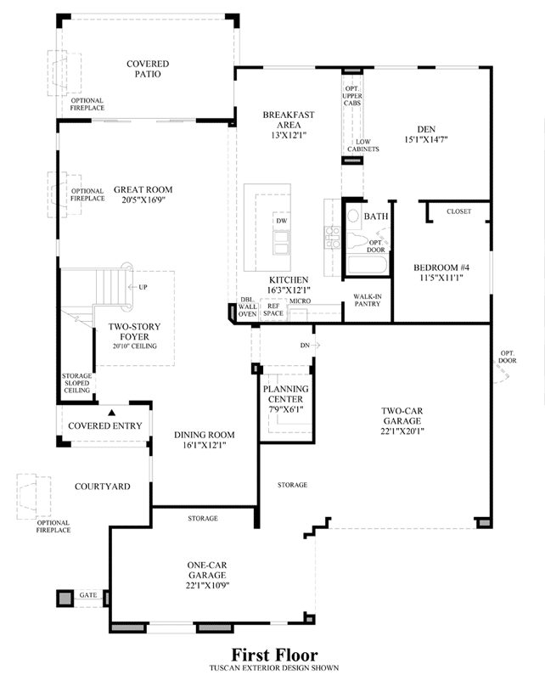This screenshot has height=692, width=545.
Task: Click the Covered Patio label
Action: click(x=148, y=69)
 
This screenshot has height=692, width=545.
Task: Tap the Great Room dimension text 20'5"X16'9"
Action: click(x=143, y=200)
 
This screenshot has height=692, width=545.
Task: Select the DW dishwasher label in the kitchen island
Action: click(x=282, y=221)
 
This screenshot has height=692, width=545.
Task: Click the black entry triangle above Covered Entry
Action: click(x=112, y=413)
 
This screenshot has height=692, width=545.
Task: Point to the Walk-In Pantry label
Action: click(x=368, y=300)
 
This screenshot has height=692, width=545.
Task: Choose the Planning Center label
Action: click(x=285, y=394)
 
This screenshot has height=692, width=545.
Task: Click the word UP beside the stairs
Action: click(x=143, y=287)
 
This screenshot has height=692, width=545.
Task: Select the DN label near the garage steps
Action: click(x=305, y=346)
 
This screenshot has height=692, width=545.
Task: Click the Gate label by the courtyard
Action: click(x=88, y=595)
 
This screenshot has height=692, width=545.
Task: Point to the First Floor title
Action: click(x=274, y=655)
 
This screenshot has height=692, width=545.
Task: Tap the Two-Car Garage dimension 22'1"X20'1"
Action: click(x=402, y=431)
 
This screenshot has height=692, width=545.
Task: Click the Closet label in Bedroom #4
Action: click(x=459, y=211)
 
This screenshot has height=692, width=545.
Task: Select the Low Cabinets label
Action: click(x=363, y=145)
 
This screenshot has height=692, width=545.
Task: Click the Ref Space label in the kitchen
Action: click(x=273, y=309)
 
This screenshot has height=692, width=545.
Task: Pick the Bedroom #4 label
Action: click(x=441, y=267)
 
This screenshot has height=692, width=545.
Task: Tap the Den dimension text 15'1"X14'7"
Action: click(x=426, y=139)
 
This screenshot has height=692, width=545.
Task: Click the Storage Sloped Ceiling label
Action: click(x=76, y=383)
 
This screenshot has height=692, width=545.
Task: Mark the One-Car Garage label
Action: click(x=207, y=570)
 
